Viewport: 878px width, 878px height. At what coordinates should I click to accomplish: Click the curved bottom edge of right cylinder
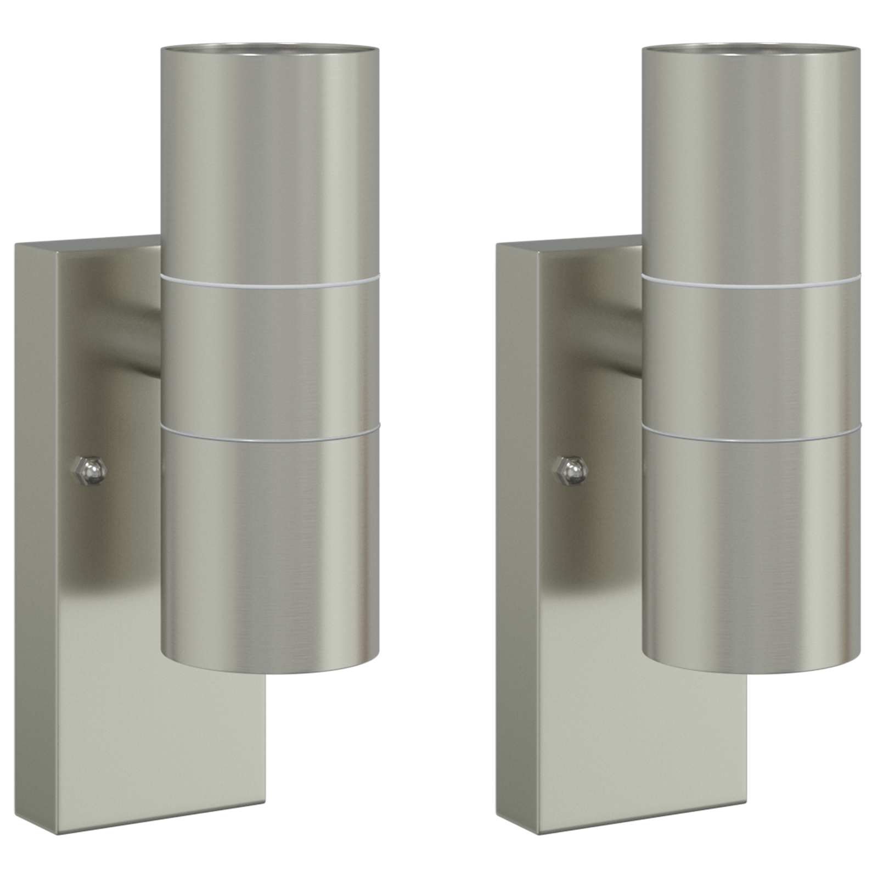pos(751,671)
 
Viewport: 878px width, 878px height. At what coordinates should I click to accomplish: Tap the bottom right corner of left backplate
pos(265,814)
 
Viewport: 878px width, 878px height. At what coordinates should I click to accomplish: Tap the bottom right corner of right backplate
pos(746,814)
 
